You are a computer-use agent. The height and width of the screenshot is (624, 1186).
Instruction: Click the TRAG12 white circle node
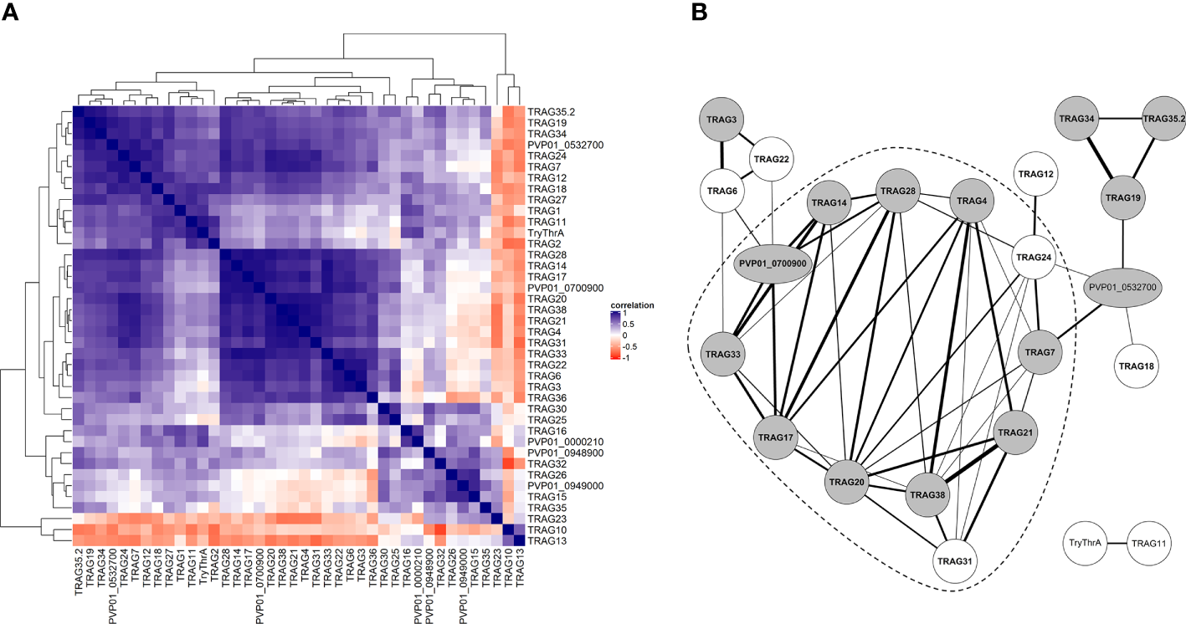pos(1037,174)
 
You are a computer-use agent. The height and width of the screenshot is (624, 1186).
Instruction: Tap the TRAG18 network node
pos(1139,366)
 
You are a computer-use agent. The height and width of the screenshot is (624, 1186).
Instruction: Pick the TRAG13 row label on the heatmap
pos(544,540)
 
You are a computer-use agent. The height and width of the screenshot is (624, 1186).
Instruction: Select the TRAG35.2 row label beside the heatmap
pos(550,111)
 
